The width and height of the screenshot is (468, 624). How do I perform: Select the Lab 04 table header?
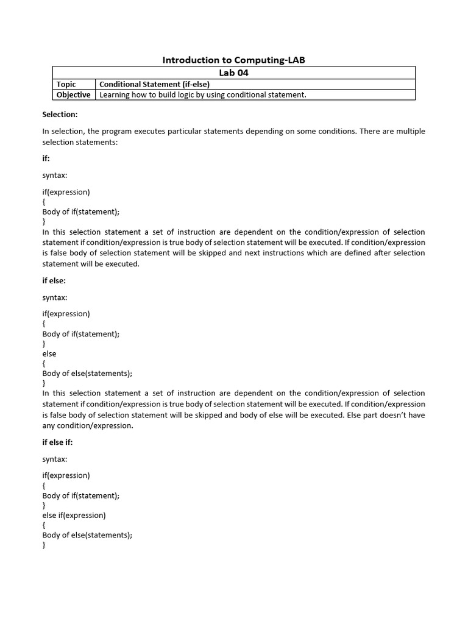233,73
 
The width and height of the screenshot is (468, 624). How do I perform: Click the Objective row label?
73,94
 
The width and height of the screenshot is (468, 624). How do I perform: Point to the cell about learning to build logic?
202,94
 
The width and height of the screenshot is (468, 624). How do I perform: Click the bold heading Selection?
60,114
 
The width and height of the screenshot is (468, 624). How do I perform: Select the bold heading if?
46,158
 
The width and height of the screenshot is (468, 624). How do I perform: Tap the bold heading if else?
54,281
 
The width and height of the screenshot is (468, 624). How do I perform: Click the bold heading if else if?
57,442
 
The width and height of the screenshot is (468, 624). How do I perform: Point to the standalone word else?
49,353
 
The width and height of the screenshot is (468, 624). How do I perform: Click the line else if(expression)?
74,515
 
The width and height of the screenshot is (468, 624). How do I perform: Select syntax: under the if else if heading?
55,458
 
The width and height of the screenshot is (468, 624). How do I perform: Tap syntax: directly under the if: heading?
55,175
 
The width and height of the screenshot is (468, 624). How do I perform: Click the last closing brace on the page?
44,545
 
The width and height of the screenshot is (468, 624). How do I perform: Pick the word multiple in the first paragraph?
410,131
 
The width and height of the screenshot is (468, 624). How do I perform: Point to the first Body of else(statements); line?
87,373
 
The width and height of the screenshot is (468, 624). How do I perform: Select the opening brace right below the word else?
44,363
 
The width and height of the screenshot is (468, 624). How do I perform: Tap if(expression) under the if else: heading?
66,314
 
